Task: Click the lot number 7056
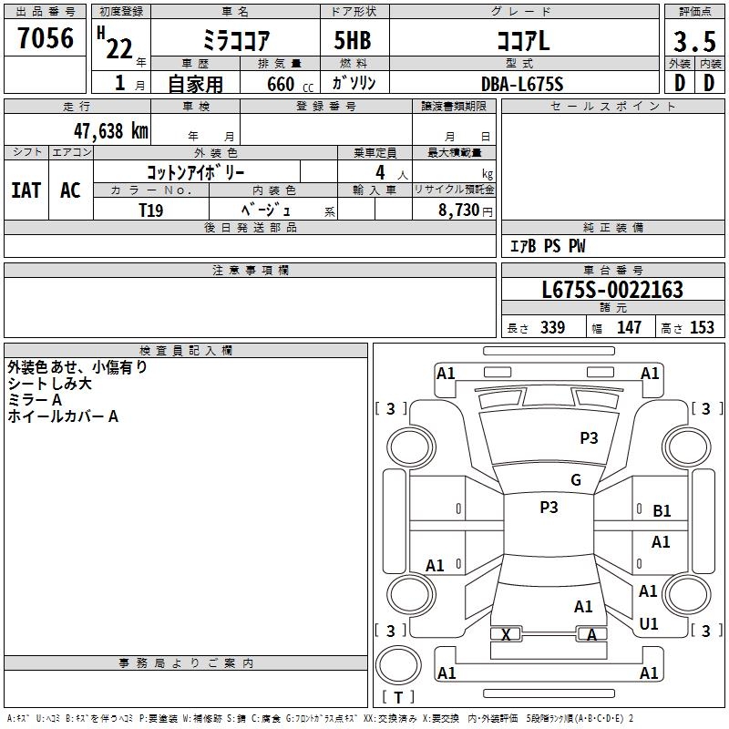pyautogui.click(x=46, y=39)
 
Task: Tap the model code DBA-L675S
pyautogui.click(x=522, y=84)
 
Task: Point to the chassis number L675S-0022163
pyautogui.click(x=611, y=290)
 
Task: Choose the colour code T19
pyautogui.click(x=151, y=209)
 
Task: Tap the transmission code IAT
pyautogui.click(x=26, y=190)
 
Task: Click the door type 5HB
pyautogui.click(x=353, y=42)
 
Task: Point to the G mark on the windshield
pyautogui.click(x=575, y=480)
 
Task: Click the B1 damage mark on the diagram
pyautogui.click(x=662, y=511)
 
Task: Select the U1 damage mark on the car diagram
pyautogui.click(x=649, y=624)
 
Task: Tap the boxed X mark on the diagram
pyautogui.click(x=506, y=634)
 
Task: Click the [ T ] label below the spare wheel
pyautogui.click(x=398, y=697)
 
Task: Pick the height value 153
pyautogui.click(x=702, y=327)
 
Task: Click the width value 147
pyautogui.click(x=629, y=327)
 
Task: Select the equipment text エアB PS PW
pyautogui.click(x=547, y=246)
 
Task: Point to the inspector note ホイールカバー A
pyautogui.click(x=63, y=416)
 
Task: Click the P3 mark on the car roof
pyautogui.click(x=549, y=508)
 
